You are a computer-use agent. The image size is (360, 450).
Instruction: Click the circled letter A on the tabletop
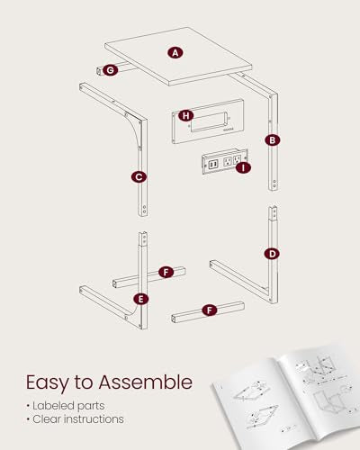point(175,53)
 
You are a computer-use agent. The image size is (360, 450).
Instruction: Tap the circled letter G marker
point(110,70)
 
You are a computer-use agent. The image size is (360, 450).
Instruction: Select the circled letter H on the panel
point(186,116)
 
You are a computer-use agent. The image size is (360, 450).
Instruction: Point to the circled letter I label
point(243,168)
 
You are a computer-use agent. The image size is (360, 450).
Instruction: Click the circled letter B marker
point(273,140)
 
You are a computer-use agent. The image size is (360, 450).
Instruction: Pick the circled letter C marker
point(139,177)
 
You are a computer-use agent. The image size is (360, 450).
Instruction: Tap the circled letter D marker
point(272,254)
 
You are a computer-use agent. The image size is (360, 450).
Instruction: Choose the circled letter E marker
point(141,299)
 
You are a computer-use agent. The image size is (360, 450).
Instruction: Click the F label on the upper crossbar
point(166,273)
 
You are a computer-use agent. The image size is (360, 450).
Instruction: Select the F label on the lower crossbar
point(210,310)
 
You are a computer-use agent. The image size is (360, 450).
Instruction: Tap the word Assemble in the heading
point(146,382)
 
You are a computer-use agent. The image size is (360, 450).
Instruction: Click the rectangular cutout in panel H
point(208,121)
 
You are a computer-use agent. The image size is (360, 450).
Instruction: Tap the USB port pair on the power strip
point(213,165)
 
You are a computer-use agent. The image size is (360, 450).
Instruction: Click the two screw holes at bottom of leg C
point(144,210)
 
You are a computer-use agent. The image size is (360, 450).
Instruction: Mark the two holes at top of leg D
point(274,213)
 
